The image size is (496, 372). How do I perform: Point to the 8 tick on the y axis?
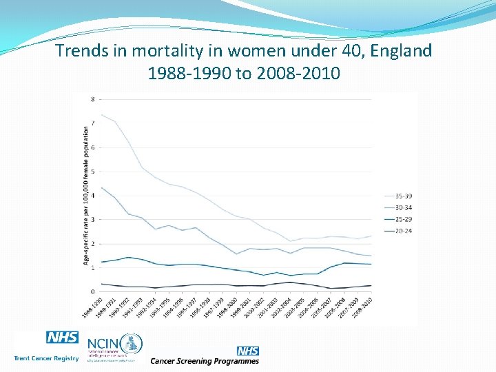[x=93, y=99]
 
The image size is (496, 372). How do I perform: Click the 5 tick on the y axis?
[x=93, y=171]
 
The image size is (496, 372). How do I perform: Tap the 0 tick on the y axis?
[x=93, y=291]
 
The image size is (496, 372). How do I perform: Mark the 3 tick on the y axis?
[x=93, y=219]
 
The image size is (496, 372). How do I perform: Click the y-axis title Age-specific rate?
[x=86, y=195]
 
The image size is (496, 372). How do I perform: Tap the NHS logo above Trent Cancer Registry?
[x=62, y=338]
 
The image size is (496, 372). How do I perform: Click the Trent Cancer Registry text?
[x=46, y=358]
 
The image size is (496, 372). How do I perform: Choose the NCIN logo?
[x=114, y=344]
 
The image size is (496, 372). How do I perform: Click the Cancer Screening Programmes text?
[x=205, y=361]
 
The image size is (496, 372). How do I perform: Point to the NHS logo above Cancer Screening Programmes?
[x=247, y=351]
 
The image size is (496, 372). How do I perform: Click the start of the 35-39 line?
[x=102, y=114]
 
